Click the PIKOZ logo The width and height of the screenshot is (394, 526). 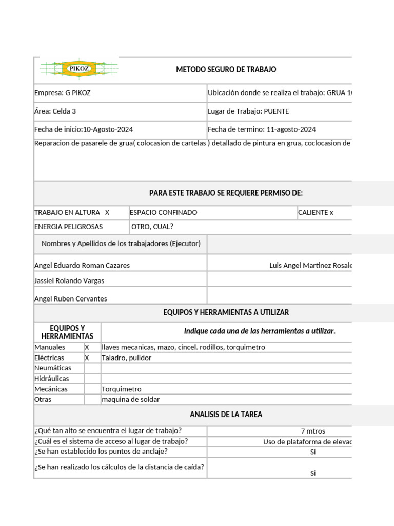78,68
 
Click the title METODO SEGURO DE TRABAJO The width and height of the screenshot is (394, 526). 226,69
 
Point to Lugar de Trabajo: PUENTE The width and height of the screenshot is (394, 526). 248,111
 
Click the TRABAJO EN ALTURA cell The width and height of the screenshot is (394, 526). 72,212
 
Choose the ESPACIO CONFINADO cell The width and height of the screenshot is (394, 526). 163,212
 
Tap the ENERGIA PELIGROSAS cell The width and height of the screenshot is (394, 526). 68,227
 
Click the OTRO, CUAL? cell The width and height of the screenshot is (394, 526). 152,227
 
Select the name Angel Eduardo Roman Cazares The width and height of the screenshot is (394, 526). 82,266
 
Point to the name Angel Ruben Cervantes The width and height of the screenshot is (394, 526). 70,298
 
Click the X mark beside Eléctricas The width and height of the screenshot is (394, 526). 87,358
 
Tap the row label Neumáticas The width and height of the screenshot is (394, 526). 53,368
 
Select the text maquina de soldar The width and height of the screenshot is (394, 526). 130,399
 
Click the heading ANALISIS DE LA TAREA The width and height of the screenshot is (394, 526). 226,415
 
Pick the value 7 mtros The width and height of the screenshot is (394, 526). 312,431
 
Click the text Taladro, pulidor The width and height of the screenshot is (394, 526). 127,358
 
